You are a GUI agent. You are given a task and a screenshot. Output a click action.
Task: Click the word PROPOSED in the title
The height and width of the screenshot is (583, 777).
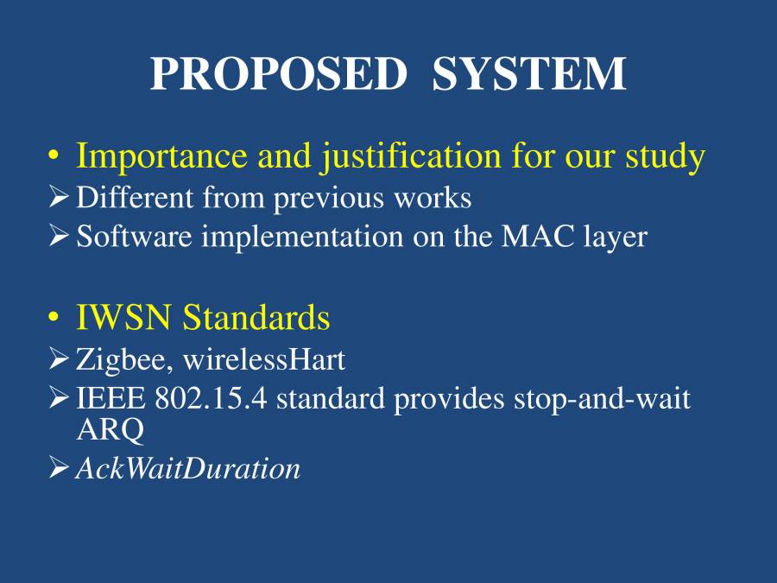tap(277, 73)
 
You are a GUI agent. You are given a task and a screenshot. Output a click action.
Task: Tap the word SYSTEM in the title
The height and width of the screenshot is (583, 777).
tap(528, 73)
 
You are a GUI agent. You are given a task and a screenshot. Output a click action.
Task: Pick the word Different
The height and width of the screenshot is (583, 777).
tap(135, 198)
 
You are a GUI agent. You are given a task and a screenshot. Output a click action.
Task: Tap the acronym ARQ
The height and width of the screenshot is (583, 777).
tap(110, 428)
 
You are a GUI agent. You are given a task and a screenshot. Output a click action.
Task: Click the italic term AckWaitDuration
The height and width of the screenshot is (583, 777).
tap(188, 469)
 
